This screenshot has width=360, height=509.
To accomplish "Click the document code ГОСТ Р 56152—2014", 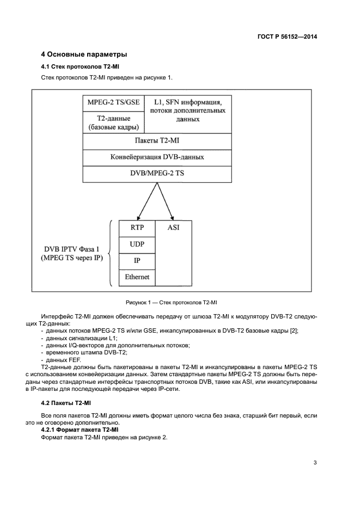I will pyautogui.click(x=287, y=37).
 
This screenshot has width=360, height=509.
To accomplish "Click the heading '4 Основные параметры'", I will pyautogui.click(x=84, y=54).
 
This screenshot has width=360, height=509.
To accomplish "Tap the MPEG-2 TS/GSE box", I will pyautogui.click(x=113, y=102).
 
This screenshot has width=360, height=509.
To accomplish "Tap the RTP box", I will pyautogui.click(x=137, y=228).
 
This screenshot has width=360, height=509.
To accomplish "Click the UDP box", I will pyautogui.click(x=137, y=244).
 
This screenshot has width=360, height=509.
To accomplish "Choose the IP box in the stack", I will pyautogui.click(x=137, y=261).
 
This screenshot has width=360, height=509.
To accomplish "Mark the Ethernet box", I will pyautogui.click(x=137, y=277).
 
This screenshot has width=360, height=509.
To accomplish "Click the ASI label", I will pyautogui.click(x=174, y=228).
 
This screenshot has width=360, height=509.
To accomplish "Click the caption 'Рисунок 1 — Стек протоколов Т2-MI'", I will pyautogui.click(x=172, y=302).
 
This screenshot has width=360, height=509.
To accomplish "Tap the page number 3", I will pyautogui.click(x=315, y=463).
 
